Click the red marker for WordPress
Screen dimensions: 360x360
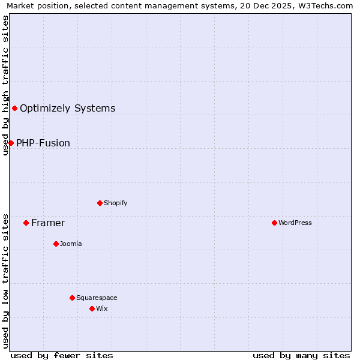tap(274, 223)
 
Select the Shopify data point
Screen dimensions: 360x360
tap(100, 203)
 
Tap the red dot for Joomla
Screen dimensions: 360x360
tap(56, 244)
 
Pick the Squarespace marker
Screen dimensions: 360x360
tap(72, 298)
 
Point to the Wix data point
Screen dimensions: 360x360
tap(92, 308)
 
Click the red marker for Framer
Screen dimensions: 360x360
tap(26, 223)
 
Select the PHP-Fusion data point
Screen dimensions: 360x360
tap(11, 143)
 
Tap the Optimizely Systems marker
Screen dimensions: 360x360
tap(14, 108)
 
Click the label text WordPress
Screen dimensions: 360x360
tap(295, 223)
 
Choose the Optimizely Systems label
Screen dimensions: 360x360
tap(67, 109)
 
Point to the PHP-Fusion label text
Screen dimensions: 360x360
tap(43, 143)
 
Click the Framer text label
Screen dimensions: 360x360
tap(48, 223)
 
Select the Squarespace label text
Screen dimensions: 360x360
tap(97, 298)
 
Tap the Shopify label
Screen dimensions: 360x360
tap(116, 203)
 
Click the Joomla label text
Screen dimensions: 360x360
tap(71, 244)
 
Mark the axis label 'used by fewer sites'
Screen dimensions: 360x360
tap(62, 355)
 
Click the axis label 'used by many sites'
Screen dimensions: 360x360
tap(301, 355)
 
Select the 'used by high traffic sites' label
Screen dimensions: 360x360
tap(5, 85)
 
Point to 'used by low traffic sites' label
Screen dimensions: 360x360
tap(5, 281)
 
